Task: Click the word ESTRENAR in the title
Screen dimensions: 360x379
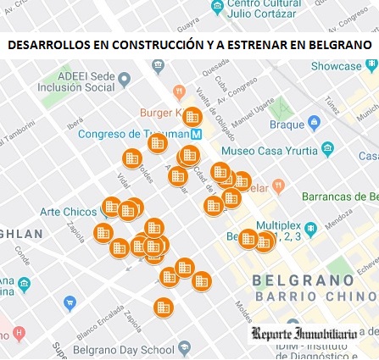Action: click(250, 45)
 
